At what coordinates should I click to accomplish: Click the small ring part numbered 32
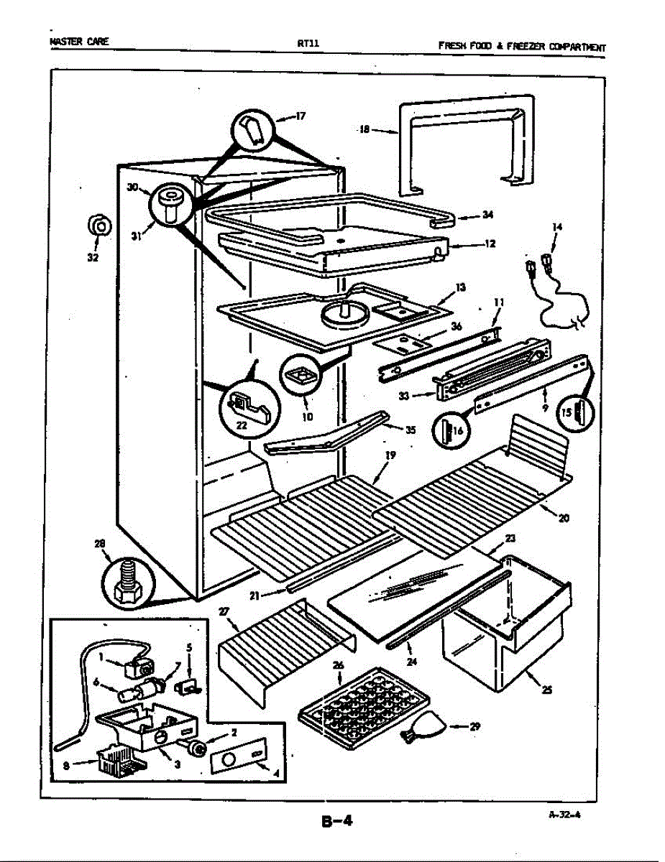(x=99, y=227)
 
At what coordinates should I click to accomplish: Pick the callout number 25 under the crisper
(x=548, y=690)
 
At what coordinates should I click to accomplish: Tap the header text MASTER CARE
(x=80, y=42)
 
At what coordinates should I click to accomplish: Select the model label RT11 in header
(x=308, y=43)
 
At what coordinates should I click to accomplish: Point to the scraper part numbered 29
(x=423, y=729)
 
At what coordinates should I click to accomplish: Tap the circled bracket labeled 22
(x=247, y=408)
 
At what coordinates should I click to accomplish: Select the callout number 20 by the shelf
(x=564, y=517)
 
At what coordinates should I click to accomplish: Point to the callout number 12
(x=490, y=244)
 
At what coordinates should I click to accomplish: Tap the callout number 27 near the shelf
(x=223, y=611)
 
